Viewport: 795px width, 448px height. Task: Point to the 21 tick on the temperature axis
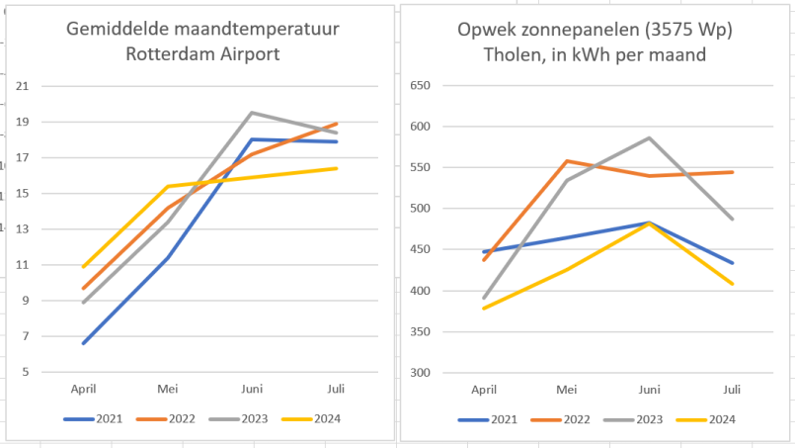coord(22,87)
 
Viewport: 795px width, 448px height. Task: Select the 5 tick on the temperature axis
coord(25,372)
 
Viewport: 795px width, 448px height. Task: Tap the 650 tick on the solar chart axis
coord(420,85)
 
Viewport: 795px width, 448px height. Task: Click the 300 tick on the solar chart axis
coord(420,373)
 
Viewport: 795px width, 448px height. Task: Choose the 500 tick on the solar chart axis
coord(420,209)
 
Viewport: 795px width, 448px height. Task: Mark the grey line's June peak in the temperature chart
coord(252,113)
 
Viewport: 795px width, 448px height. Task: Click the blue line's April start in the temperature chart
coord(83,343)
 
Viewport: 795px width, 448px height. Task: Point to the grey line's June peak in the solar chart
coord(649,137)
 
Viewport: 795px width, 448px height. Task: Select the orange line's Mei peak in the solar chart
coord(566,161)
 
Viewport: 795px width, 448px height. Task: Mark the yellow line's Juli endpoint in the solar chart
coord(732,284)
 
